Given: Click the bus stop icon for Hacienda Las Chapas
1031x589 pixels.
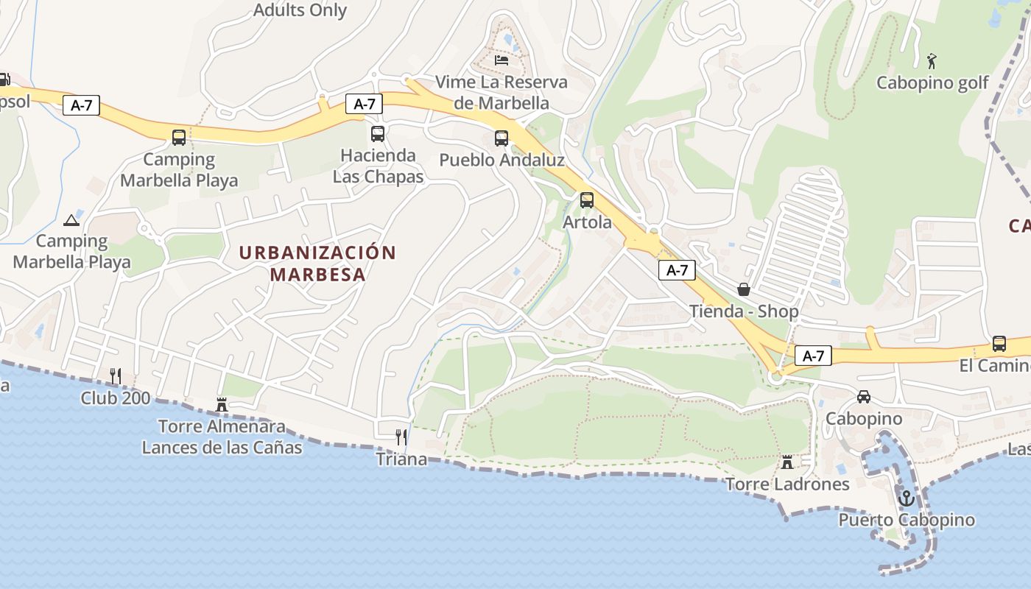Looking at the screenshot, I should (x=378, y=134).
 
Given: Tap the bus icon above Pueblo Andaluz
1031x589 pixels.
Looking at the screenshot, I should (x=502, y=138).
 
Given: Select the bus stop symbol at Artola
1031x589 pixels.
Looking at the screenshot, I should (x=587, y=200).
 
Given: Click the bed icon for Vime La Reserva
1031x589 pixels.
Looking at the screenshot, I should (x=502, y=60).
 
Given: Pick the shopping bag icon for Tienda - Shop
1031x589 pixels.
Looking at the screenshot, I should (x=744, y=289).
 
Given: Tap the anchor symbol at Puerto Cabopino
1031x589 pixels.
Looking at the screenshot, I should (x=907, y=498).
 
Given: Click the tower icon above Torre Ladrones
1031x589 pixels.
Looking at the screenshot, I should (x=787, y=462).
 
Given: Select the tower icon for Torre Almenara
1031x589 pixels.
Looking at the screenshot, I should (x=222, y=404).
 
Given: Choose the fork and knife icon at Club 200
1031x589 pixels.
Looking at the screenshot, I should (x=116, y=376).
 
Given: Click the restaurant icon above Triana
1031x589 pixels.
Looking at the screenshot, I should (x=401, y=437).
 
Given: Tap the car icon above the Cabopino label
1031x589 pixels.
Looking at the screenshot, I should (x=864, y=397).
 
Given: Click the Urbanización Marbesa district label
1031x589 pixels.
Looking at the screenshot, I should (x=317, y=264).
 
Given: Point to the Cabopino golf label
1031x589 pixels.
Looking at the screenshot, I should (x=932, y=82).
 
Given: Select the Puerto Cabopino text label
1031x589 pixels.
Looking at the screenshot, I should (x=907, y=520).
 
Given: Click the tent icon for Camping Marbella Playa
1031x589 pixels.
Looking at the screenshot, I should (x=71, y=220).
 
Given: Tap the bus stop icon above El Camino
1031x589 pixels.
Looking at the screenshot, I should (x=999, y=343).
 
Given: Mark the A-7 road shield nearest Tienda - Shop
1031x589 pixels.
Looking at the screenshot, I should (x=677, y=270).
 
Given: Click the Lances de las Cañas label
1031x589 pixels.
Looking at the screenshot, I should (x=222, y=446).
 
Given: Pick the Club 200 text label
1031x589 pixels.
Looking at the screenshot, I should (x=116, y=398).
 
